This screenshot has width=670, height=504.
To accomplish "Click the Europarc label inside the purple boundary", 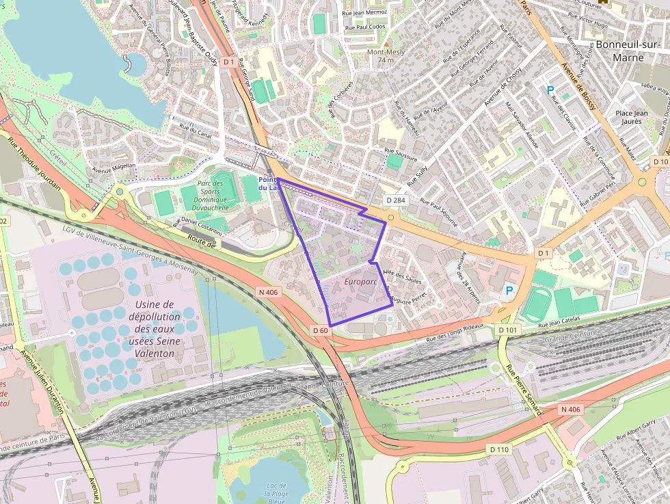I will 362,282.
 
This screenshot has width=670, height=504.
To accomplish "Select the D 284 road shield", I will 396,200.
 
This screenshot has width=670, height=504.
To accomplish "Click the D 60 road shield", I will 321,330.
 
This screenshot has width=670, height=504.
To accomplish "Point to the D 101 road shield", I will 508,330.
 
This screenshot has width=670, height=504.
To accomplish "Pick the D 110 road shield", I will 499,449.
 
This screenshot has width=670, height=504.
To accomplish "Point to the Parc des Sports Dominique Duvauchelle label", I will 210,196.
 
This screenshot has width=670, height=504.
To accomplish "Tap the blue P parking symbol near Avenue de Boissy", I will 550,90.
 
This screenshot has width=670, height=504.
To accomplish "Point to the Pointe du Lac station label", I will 267,183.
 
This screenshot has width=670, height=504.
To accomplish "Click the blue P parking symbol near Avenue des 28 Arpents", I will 509,291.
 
